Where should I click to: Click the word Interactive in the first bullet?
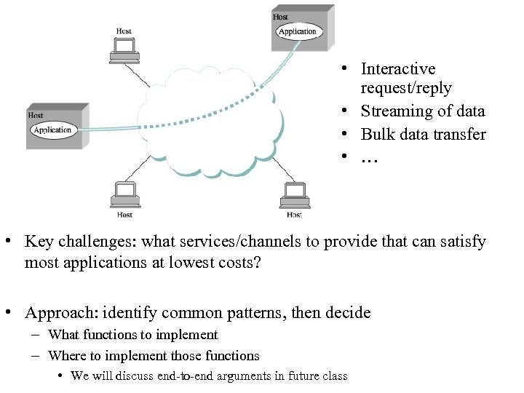click(398, 69)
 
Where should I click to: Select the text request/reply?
click(406, 88)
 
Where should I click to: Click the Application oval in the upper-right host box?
click(298, 31)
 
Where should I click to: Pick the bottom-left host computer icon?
click(125, 194)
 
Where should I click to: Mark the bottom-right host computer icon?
click(294, 194)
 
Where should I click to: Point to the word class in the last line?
click(334, 376)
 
